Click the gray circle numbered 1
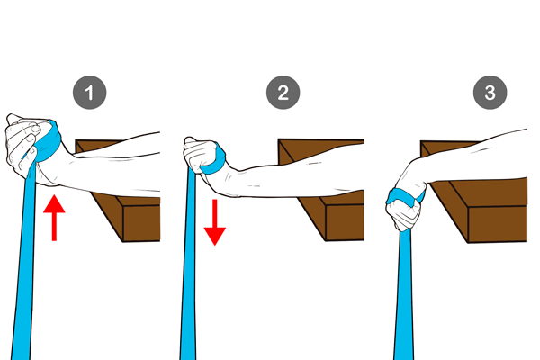pyautogui.click(x=89, y=93)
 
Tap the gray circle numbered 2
pyautogui.click(x=283, y=93)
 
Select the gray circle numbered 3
pyautogui.click(x=490, y=93)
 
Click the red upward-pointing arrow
pyautogui.click(x=54, y=218)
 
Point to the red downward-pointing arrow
pyautogui.click(x=215, y=222)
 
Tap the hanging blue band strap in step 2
pyautogui.click(x=188, y=265)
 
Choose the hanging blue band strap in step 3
pyautogui.click(x=403, y=296)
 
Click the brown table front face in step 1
pyautogui.click(x=141, y=223)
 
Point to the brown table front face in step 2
pyautogui.click(x=345, y=222)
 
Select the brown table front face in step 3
pyautogui.click(x=498, y=224)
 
